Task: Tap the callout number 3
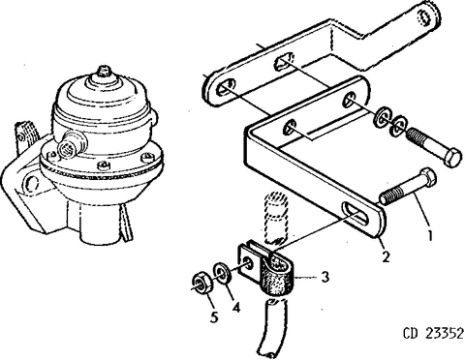coord(326,277)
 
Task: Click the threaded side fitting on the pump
coord(69,146)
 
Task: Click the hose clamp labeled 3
coord(271,272)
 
